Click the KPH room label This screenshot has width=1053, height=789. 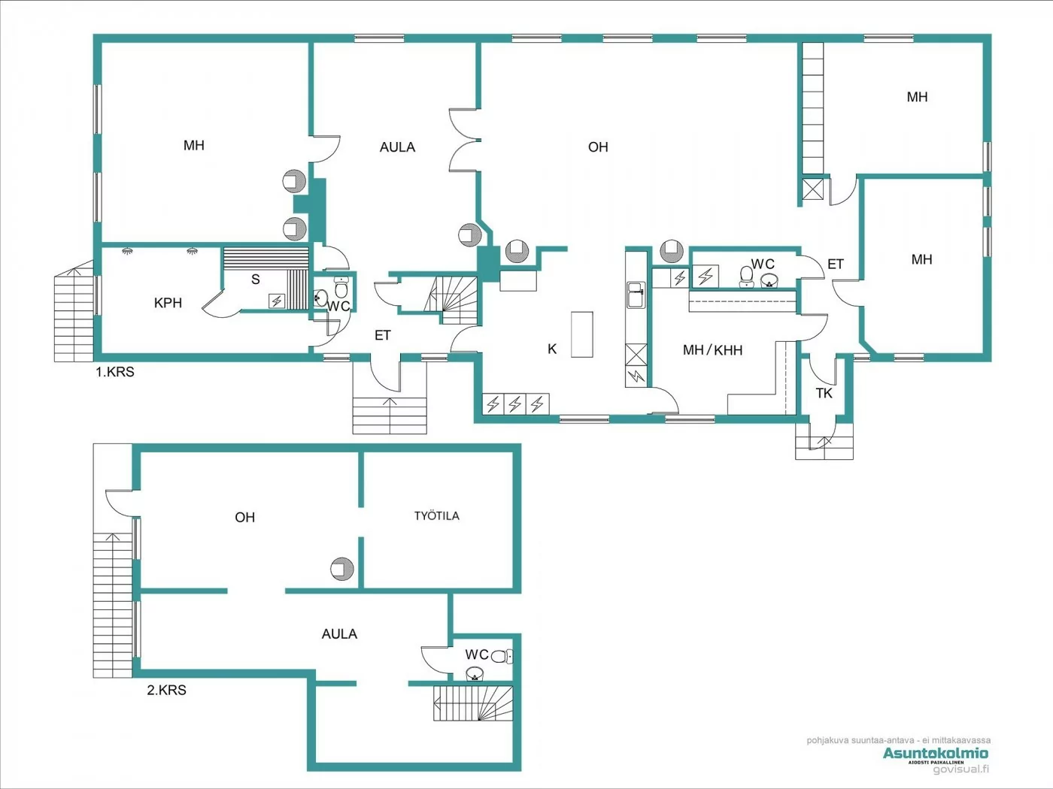[x=168, y=303]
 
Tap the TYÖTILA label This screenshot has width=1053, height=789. [x=436, y=515]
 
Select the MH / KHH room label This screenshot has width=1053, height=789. [x=712, y=350]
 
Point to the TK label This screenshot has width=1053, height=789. [x=824, y=393]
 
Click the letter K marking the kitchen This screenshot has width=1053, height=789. [x=552, y=349]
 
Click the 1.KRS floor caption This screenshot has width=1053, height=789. [x=114, y=372]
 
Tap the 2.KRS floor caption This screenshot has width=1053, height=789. [x=166, y=690]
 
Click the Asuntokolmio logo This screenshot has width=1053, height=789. [x=935, y=753]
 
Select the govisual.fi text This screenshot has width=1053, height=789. [x=960, y=769]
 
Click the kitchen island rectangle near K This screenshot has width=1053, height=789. [x=581, y=334]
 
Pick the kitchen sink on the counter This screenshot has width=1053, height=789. [x=636, y=294]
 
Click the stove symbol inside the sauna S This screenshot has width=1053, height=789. [x=277, y=301]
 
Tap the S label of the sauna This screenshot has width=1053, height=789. [x=256, y=280]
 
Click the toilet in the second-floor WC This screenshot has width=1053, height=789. [x=502, y=656]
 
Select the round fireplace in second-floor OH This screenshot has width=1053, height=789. [x=341, y=569]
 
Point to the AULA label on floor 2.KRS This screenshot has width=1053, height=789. [x=339, y=634]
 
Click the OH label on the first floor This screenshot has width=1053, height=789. [x=598, y=147]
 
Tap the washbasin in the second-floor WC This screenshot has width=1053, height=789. [x=474, y=674]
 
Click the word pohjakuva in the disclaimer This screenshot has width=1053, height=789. [x=827, y=740]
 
